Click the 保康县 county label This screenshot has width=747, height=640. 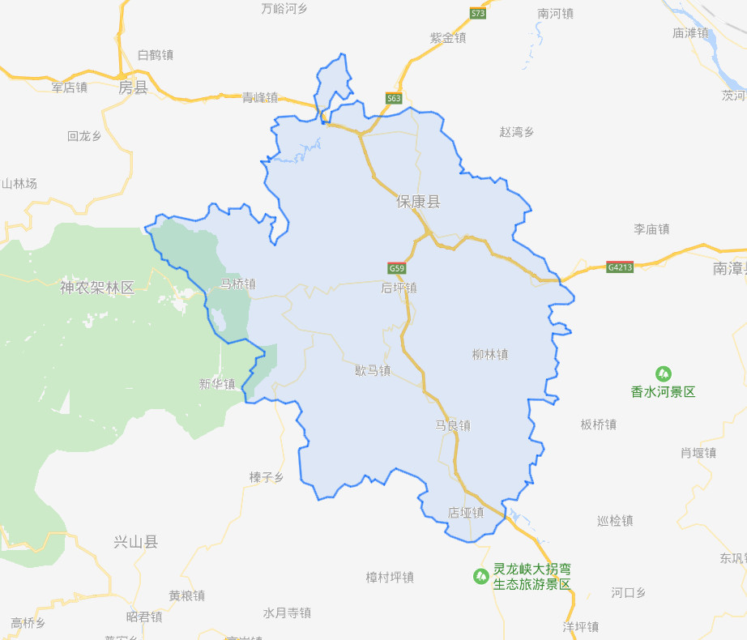click(x=418, y=202)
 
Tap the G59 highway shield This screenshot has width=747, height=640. click(x=396, y=268)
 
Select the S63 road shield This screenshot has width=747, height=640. click(x=394, y=99)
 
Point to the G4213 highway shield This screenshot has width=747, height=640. click(x=619, y=267)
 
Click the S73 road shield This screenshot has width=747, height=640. click(x=478, y=14)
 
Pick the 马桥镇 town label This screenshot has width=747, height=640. click(x=238, y=284)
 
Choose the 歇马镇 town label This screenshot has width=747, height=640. click(x=373, y=370)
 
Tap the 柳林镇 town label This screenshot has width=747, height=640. click(x=490, y=354)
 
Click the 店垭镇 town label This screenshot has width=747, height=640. click(x=466, y=512)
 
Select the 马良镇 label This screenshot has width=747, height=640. click(x=453, y=425)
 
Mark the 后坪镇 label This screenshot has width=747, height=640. click(x=399, y=288)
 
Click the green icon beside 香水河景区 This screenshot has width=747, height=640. click(x=664, y=374)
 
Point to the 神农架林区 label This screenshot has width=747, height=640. click(x=96, y=287)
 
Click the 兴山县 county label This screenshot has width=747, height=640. click(x=135, y=542)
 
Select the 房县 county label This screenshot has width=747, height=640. click(x=133, y=87)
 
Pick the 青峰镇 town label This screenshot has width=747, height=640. click(x=260, y=97)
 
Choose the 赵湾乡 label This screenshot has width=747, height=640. click(x=517, y=131)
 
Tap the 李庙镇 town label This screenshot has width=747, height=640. click(x=651, y=229)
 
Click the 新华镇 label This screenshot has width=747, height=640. click(x=217, y=384)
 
